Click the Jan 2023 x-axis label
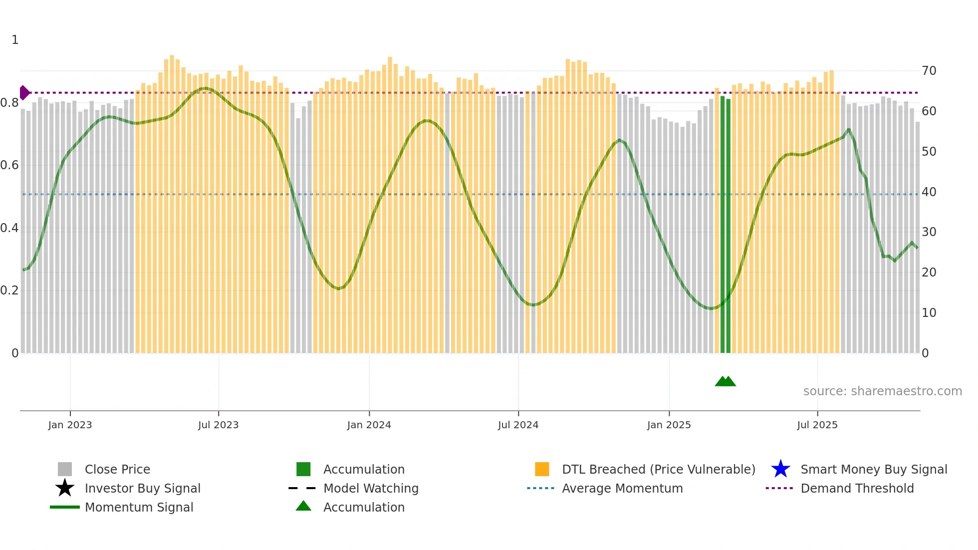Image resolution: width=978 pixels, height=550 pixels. pos(70,425)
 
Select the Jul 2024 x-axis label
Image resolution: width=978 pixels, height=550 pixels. pos(518,425)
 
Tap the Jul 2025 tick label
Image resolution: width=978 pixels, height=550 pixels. pos(817,425)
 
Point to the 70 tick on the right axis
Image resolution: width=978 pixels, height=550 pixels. pos(929,71)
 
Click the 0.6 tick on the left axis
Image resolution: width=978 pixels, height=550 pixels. pos(9,165)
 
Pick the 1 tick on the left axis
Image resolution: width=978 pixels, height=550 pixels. pos(15,40)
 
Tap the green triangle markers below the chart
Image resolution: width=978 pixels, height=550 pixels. pos(725,381)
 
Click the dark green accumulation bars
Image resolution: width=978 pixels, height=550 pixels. pos(725,225)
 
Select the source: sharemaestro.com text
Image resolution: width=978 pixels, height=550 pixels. pos(882,391)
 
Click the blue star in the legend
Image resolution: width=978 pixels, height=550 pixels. pos(780,469)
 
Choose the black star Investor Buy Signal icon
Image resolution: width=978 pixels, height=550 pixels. pos(65,488)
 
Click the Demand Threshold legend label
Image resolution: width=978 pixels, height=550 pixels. pos(857,488)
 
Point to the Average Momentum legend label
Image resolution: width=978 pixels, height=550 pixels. pos(622,488)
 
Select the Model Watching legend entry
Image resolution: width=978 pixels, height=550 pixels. pos(370,488)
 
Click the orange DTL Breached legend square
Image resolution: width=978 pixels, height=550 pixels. pos(542,469)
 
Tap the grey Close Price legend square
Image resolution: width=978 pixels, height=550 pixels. pos(65,469)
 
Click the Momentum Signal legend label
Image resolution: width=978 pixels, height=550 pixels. pos(139,507)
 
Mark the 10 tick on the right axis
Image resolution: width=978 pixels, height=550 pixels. pos(929,313)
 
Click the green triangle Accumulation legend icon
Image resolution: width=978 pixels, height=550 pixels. pos(303,506)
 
